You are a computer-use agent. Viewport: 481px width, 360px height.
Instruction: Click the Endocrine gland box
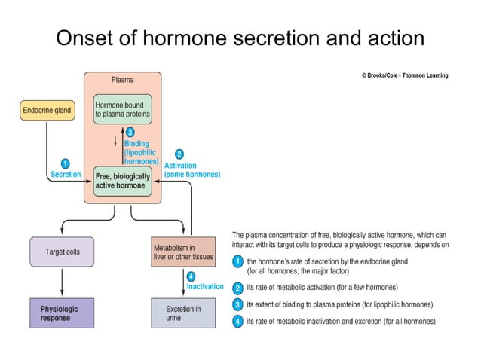(46, 111)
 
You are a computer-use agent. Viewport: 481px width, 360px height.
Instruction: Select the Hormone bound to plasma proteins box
(122, 109)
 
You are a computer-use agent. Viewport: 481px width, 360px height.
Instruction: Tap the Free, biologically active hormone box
(122, 181)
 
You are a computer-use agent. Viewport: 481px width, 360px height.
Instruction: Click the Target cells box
(61, 252)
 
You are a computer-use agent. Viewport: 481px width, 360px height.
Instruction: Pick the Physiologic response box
(61, 313)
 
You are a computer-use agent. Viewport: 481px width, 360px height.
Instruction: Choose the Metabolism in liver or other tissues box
(183, 252)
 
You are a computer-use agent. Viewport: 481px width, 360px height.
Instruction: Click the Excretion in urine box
(183, 313)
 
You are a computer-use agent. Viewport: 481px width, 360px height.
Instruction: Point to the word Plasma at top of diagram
(123, 79)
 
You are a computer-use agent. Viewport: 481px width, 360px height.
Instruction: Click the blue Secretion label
(66, 175)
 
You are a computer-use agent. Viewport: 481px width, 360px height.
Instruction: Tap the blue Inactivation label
(205, 287)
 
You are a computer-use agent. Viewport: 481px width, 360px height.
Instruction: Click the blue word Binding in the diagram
(136, 143)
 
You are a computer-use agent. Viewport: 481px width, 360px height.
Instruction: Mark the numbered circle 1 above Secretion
(65, 163)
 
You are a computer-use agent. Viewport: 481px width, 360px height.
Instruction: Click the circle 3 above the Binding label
(130, 133)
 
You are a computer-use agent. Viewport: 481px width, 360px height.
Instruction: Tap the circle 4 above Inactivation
(191, 276)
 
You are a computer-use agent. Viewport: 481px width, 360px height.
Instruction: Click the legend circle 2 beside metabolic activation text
(237, 288)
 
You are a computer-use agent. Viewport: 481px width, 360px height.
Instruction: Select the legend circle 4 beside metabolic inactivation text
(237, 322)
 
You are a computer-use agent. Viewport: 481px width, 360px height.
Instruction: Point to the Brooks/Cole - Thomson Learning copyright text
(404, 75)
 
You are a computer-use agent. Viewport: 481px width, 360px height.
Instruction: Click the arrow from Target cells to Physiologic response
(61, 282)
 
